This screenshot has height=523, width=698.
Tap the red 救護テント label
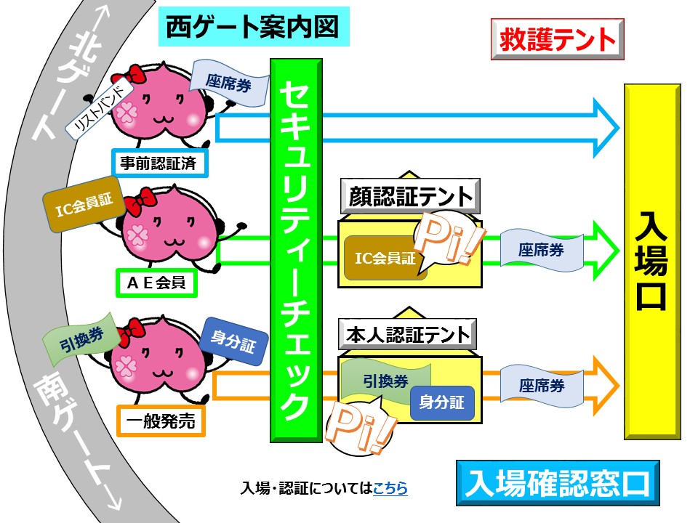[x=557, y=40]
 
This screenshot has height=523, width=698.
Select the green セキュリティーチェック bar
[x=296, y=251]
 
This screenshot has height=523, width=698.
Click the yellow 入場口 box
[x=652, y=261]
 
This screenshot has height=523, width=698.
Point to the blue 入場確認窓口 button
[x=558, y=483]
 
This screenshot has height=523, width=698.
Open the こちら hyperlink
[x=390, y=489]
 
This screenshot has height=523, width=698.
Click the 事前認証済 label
[x=159, y=163]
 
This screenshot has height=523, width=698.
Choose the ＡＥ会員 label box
[x=156, y=282]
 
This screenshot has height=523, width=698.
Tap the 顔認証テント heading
[x=407, y=196]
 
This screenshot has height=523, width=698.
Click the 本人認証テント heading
[x=407, y=336]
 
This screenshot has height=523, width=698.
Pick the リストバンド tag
[x=100, y=108]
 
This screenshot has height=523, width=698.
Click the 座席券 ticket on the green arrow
[x=542, y=250]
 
